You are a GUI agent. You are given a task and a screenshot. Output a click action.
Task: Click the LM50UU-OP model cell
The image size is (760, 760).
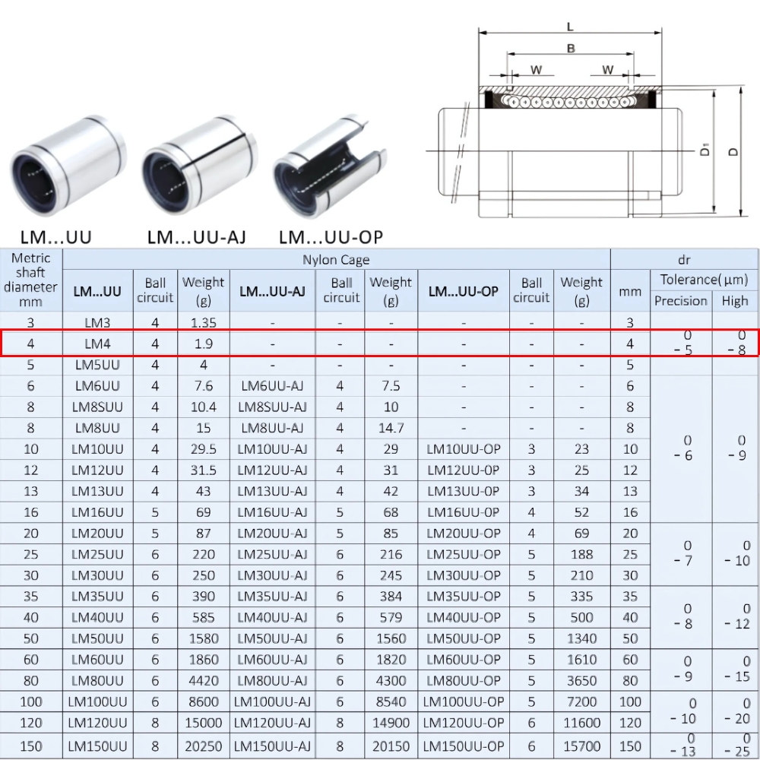[x=463, y=638]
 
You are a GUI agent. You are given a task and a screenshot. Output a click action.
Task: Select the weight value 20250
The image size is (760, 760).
[x=203, y=746]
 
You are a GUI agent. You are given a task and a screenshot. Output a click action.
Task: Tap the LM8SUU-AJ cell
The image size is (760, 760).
[x=272, y=407]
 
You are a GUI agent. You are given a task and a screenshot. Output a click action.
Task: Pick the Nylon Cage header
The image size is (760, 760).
[x=336, y=259]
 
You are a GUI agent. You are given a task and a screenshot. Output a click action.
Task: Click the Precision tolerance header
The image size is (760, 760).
[x=680, y=300]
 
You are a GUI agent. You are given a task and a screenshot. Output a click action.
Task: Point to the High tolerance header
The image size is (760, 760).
[x=734, y=300]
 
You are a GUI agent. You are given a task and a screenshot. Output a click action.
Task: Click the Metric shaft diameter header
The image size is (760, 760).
[x=30, y=279]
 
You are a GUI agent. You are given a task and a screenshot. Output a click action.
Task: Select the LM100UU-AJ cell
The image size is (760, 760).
[x=272, y=701]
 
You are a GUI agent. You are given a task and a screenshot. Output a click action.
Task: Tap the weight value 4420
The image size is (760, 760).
[x=203, y=680]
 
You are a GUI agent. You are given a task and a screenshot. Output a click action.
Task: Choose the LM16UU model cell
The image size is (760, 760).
[x=97, y=512]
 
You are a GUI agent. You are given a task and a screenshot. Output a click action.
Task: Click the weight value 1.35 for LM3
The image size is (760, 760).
[x=203, y=323]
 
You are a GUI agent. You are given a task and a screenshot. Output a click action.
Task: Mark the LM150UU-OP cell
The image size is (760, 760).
[x=463, y=746]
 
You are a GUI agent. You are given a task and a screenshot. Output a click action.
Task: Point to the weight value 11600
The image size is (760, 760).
[x=581, y=723]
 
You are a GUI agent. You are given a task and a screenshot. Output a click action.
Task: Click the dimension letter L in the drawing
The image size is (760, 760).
[x=570, y=27]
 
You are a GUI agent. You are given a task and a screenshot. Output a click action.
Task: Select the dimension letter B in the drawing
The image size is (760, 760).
[x=570, y=49]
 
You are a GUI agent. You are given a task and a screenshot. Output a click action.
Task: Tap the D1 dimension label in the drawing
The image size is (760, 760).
[x=705, y=150]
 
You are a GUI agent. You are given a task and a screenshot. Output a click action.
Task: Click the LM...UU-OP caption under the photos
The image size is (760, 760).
[x=331, y=237]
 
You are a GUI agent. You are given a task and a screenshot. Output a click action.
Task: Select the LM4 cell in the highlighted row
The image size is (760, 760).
[x=97, y=344]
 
